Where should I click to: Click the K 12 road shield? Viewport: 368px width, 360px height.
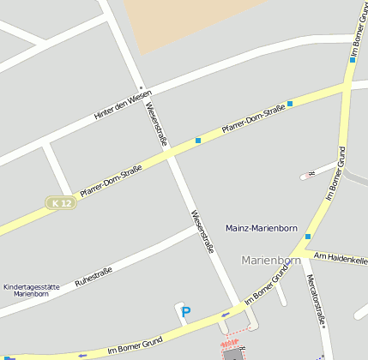(61, 203)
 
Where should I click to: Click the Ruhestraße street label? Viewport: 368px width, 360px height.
(94, 276)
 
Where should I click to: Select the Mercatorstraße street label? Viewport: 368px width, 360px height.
(316, 301)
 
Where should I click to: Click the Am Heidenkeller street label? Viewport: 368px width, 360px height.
(341, 256)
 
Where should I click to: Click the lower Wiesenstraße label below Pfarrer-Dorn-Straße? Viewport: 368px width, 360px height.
(202, 231)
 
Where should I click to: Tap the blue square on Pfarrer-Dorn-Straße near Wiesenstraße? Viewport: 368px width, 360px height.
(198, 141)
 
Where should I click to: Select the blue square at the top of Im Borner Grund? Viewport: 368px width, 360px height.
(352, 60)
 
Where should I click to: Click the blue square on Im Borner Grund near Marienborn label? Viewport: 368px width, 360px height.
(308, 237)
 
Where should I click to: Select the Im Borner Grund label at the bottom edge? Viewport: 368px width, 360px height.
(136, 345)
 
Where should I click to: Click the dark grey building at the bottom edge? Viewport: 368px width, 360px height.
(232, 354)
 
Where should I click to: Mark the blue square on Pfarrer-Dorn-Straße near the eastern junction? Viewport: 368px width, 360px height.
(290, 104)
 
